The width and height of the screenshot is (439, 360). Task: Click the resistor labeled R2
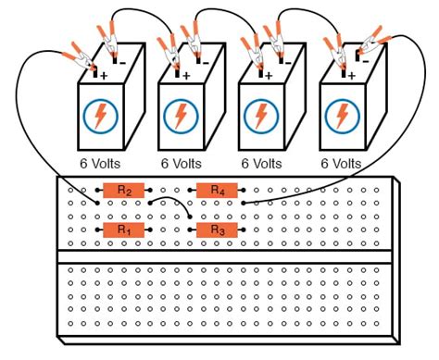point(123,191)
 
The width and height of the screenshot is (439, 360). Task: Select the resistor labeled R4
point(217,191)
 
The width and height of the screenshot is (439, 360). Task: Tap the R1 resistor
point(123,230)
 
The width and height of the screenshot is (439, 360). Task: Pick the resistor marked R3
point(217,230)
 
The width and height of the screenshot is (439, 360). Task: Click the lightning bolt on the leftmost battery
point(100,116)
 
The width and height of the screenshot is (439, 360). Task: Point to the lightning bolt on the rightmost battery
point(342,116)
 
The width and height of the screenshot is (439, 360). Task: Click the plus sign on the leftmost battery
point(104,76)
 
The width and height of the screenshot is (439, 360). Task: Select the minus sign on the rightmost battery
point(366,62)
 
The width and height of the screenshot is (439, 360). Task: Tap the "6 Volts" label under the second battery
point(182,164)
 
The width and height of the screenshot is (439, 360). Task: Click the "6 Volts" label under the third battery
point(261,164)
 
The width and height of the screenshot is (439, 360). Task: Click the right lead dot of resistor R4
point(244,190)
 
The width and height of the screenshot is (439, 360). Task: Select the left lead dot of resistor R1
point(97,230)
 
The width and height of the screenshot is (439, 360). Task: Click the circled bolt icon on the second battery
point(181,116)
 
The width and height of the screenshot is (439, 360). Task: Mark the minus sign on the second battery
point(206,63)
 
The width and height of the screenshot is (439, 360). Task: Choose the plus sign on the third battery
point(269,76)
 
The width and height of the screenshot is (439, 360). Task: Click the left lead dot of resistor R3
point(190,230)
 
